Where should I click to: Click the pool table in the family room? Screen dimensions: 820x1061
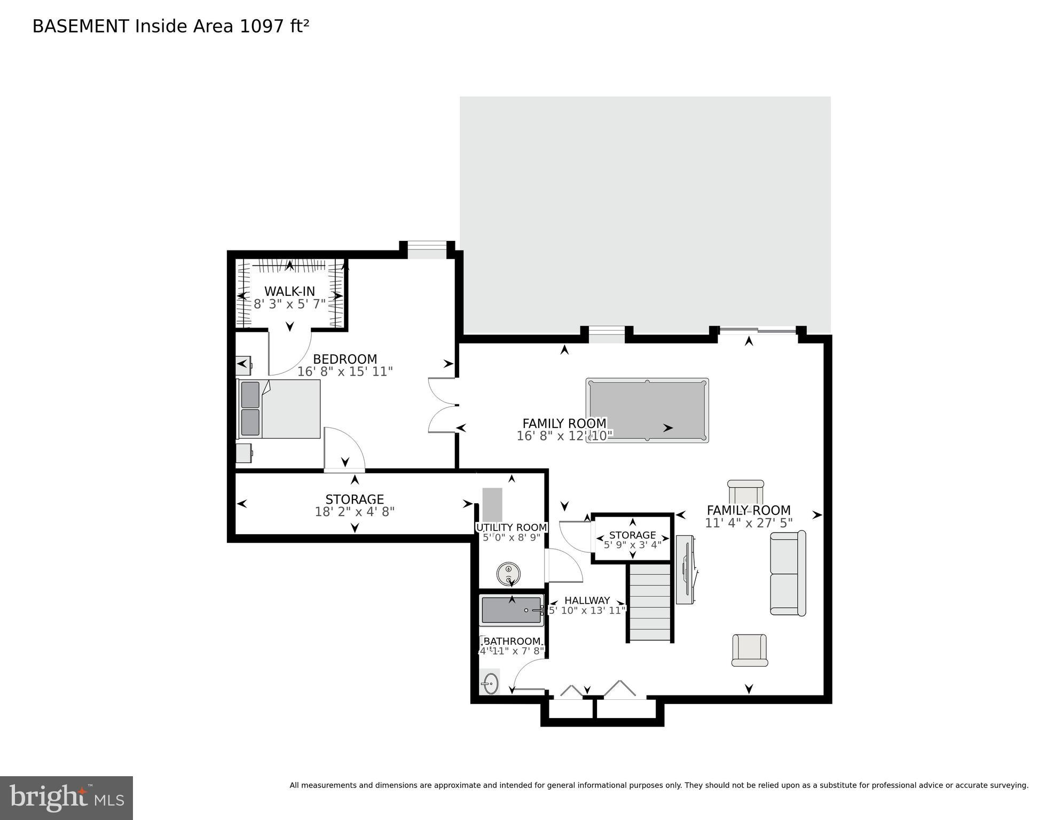647,410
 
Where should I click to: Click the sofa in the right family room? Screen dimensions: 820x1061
788,573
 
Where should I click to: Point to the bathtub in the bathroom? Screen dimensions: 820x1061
512,610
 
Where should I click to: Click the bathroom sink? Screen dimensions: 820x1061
490,683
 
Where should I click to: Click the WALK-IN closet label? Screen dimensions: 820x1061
289,292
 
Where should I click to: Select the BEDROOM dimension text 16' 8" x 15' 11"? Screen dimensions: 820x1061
345,372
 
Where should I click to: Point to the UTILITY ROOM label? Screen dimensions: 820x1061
511,528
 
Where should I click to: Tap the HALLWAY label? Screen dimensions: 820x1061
587,600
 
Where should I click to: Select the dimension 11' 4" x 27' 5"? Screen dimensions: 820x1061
749,523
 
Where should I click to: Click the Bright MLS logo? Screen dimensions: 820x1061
66,798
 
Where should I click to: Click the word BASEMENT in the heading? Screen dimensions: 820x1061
81,26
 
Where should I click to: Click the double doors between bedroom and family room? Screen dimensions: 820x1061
443,405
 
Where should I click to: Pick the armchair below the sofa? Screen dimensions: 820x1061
749,650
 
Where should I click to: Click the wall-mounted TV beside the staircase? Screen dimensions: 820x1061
686,569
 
